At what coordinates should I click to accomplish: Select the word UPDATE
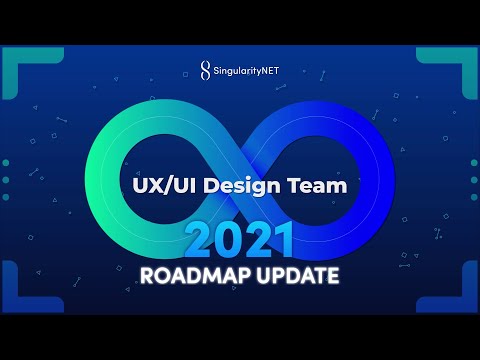coord(293,275)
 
